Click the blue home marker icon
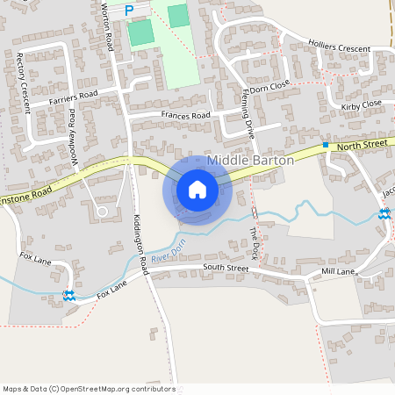tap(197, 190)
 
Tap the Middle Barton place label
tap(250, 161)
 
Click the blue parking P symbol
tap(129, 11)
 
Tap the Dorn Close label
tap(269, 88)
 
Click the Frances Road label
tap(185, 115)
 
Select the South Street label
tap(226, 267)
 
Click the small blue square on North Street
tap(325, 144)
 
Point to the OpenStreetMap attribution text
tap(88, 388)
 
